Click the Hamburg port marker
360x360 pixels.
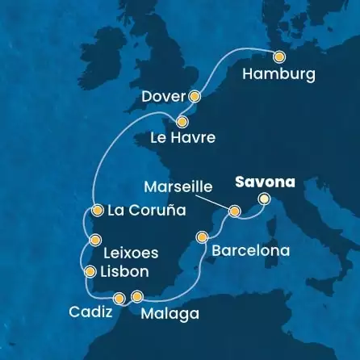(279, 57)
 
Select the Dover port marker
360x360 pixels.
(194, 95)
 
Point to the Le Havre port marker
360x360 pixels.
(182, 123)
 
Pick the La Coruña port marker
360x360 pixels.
(97, 211)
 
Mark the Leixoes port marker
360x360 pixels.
(95, 239)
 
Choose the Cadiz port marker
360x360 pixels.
(119, 299)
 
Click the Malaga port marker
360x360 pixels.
(137, 296)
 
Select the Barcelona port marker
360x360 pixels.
(203, 238)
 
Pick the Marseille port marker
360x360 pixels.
(234, 211)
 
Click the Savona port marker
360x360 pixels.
(264, 199)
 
